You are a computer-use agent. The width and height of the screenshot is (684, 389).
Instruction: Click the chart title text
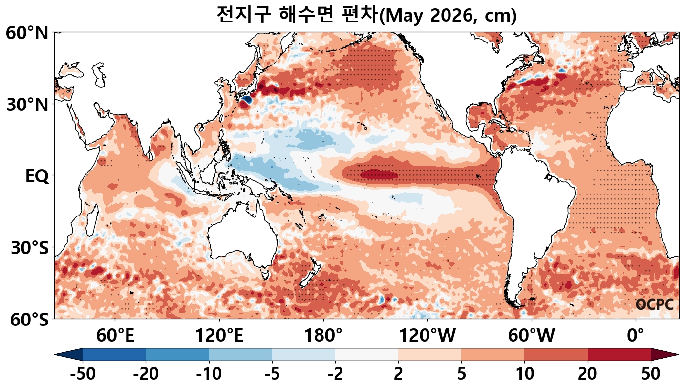pos(366,15)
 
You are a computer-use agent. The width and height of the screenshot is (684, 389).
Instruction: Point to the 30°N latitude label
pos(27,105)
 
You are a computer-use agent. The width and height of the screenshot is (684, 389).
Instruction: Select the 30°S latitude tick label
pos(29,248)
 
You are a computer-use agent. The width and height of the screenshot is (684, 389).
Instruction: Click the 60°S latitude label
pos(27,320)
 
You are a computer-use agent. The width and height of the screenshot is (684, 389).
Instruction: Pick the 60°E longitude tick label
pos(115,336)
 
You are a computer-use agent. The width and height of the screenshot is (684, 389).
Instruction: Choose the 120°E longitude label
pos(219,336)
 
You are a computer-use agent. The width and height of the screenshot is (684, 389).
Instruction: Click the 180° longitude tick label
pos(323,336)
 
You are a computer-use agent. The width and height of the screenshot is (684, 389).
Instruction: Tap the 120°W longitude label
pos(427,336)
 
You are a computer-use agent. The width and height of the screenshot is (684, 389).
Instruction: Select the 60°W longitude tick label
pos(532,336)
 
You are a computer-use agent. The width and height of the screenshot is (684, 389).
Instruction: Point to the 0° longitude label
pos(636,336)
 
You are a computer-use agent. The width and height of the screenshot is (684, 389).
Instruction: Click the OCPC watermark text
pos(655,304)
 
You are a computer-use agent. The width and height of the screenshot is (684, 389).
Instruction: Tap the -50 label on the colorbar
pos(83,375)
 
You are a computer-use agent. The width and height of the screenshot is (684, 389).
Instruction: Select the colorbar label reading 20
pos(587,375)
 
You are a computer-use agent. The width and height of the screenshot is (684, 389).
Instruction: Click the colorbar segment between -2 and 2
pos(366,354)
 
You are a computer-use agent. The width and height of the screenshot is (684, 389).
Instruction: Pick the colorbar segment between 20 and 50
pos(619,354)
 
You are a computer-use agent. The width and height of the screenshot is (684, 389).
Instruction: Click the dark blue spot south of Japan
pos(246,100)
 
